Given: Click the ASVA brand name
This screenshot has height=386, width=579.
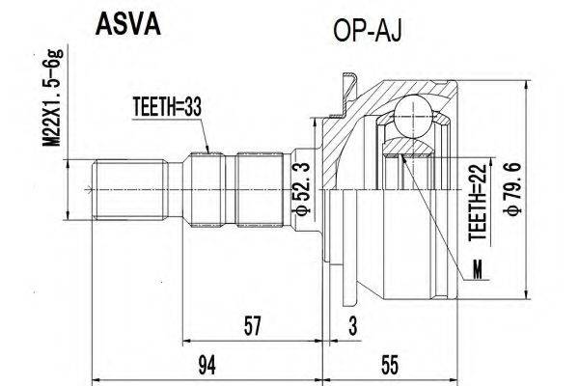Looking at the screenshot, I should [x=125, y=21].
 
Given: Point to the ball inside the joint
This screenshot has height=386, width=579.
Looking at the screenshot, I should [x=414, y=111].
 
